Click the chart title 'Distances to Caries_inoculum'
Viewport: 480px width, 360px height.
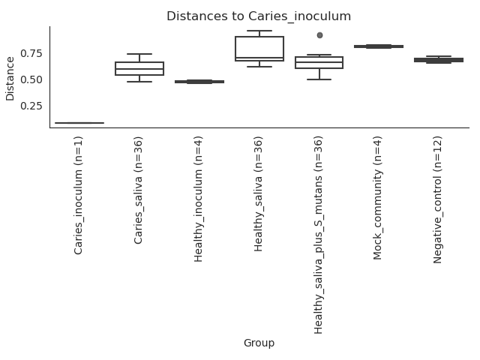coord(259,16)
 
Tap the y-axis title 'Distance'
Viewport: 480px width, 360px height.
coord(10,79)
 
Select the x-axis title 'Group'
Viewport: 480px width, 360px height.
coord(259,343)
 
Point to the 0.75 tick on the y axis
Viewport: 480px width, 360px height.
coord(31,53)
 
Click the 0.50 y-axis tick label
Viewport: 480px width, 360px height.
coord(31,80)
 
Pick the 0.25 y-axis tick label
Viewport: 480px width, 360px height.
coord(31,106)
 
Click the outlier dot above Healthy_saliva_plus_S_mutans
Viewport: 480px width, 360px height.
coord(319,35)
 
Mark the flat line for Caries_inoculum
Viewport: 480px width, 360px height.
coord(79,123)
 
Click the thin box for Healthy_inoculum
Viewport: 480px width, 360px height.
coord(199,82)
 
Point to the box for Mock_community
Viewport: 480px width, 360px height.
coord(379,46)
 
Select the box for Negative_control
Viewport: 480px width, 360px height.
coord(439,60)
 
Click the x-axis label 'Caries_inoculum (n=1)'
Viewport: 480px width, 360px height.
coord(78,196)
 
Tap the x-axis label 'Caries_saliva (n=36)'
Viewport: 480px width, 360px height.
coord(138,190)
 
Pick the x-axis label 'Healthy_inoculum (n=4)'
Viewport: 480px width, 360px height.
coord(198,199)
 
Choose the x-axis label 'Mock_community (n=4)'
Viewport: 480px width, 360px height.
coord(378,198)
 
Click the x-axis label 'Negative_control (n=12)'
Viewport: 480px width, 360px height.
coord(438,200)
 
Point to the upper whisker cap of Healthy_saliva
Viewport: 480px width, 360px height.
coord(259,31)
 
